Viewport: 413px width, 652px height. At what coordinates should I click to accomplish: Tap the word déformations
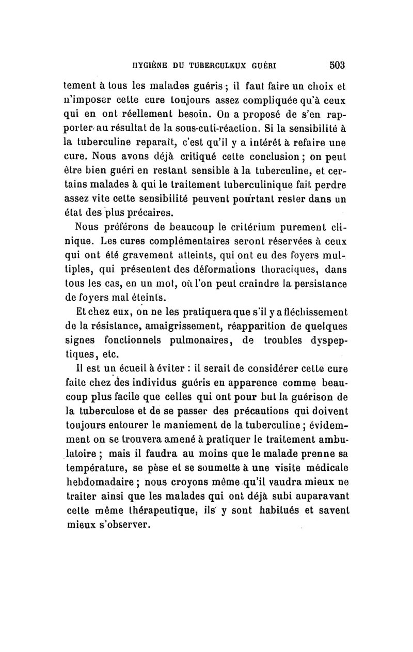pyautogui.click(x=213, y=269)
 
